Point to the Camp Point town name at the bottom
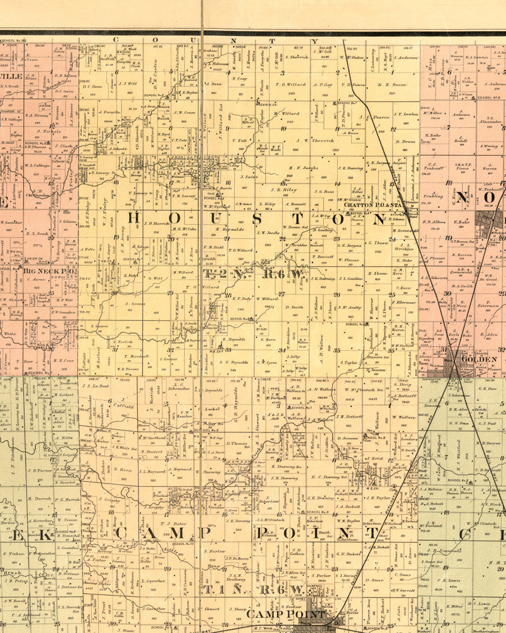click(286, 615)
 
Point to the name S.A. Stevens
click(38, 115)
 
